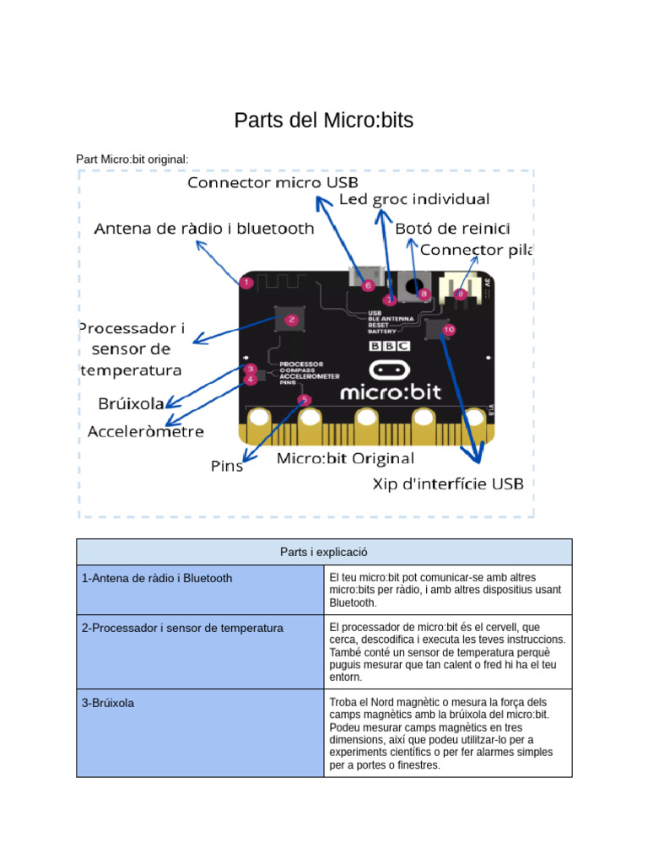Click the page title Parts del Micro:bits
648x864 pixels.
click(323, 121)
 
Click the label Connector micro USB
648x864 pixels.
click(273, 182)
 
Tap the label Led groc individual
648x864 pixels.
click(413, 200)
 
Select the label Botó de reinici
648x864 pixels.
click(452, 229)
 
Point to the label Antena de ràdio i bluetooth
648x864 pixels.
click(204, 229)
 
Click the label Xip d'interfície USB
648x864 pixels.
click(448, 483)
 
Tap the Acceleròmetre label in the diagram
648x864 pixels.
click(146, 432)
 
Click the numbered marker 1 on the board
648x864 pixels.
click(246, 283)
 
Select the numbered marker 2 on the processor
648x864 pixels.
click(291, 320)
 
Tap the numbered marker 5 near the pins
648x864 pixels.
click(305, 400)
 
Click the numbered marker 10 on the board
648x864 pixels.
click(448, 330)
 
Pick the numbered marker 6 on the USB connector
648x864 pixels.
click(368, 286)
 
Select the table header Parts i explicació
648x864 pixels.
click(324, 552)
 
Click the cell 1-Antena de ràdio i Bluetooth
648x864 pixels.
click(158, 578)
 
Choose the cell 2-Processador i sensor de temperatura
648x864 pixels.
click(183, 629)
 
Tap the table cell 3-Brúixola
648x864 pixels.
click(108, 702)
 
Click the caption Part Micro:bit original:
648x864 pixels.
click(132, 159)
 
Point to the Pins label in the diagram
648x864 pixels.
click(226, 466)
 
